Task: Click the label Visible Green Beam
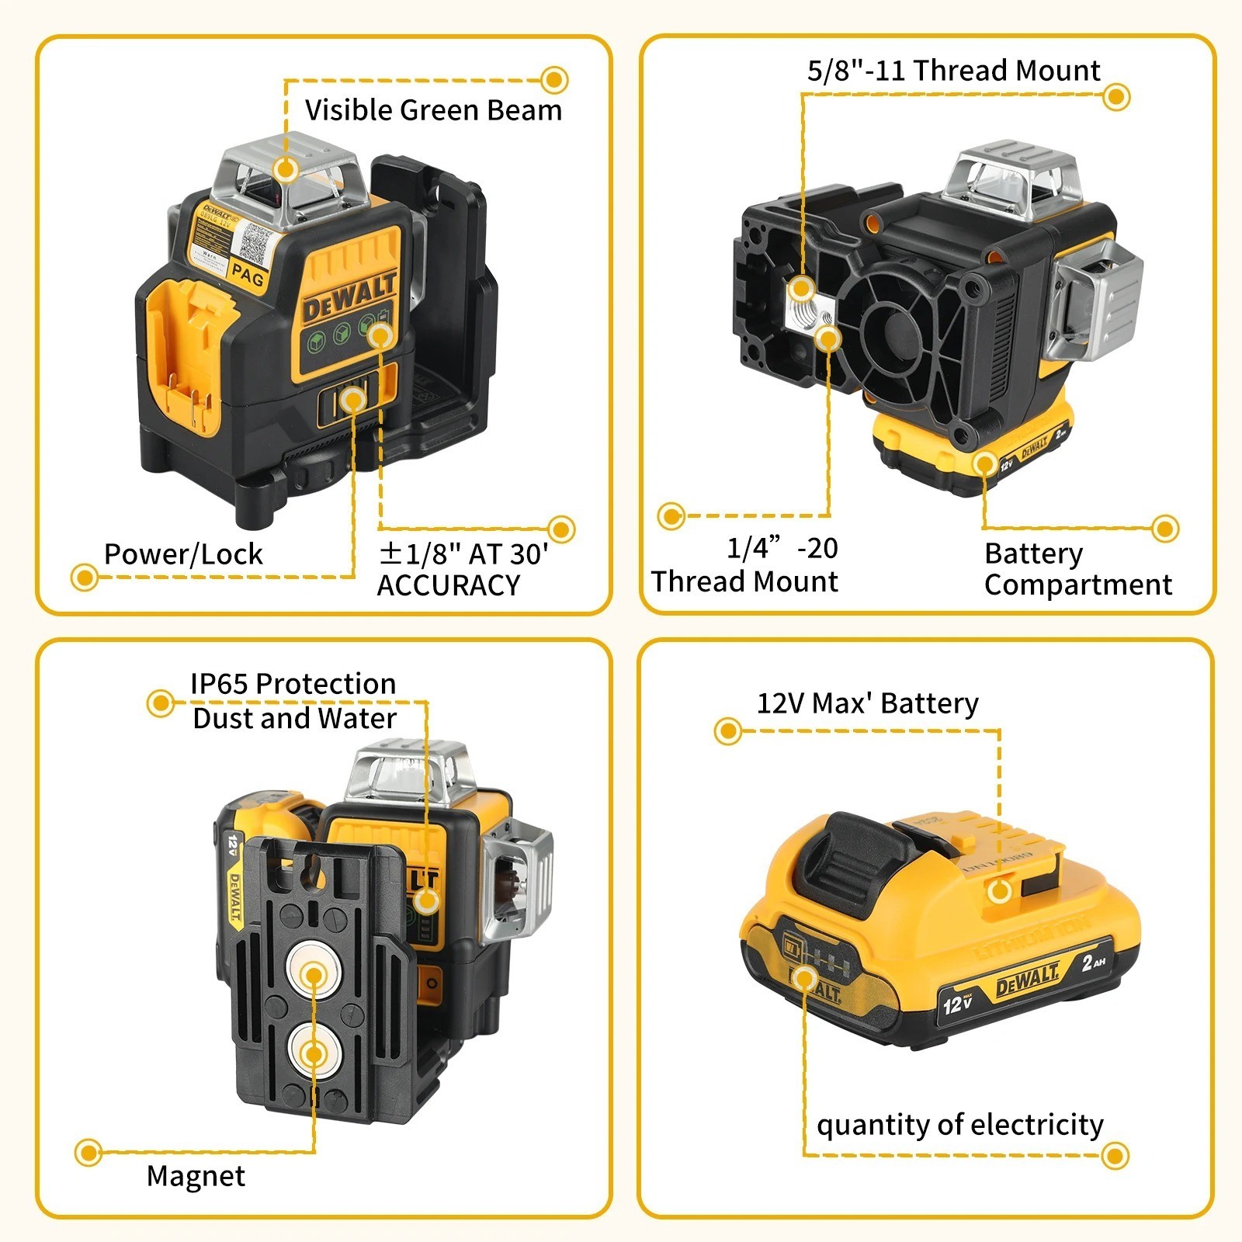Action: [433, 110]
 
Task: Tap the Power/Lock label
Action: [183, 554]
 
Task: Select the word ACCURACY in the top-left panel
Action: [448, 585]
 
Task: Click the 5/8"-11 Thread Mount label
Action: [953, 71]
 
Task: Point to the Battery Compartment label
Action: [1077, 569]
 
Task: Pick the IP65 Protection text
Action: [293, 684]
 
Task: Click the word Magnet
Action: [196, 1176]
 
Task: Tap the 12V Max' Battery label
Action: [867, 703]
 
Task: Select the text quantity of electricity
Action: [959, 1124]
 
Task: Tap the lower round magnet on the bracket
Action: [314, 1053]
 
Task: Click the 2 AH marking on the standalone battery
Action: [1092, 963]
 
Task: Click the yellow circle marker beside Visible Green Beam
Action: [554, 80]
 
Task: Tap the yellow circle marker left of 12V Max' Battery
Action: [728, 730]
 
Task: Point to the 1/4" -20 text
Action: [781, 548]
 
